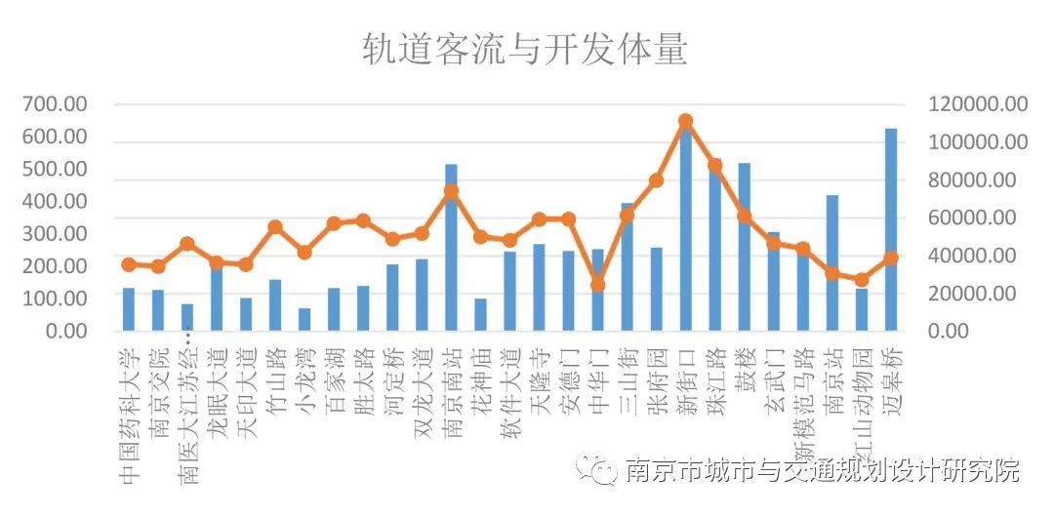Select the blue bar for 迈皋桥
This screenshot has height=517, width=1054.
click(x=890, y=230)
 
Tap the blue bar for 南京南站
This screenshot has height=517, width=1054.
click(x=451, y=248)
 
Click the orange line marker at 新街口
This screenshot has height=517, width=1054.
click(x=685, y=121)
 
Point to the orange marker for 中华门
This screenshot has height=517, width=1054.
click(x=597, y=285)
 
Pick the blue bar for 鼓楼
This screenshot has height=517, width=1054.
click(x=744, y=248)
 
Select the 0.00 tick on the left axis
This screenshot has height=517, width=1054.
click(x=64, y=331)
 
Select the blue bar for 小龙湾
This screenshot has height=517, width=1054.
click(x=304, y=320)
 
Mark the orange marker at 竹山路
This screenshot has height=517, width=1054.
click(x=275, y=227)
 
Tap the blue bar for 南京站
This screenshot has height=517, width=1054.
click(x=831, y=263)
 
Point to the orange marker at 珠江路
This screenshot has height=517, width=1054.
click(x=714, y=165)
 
